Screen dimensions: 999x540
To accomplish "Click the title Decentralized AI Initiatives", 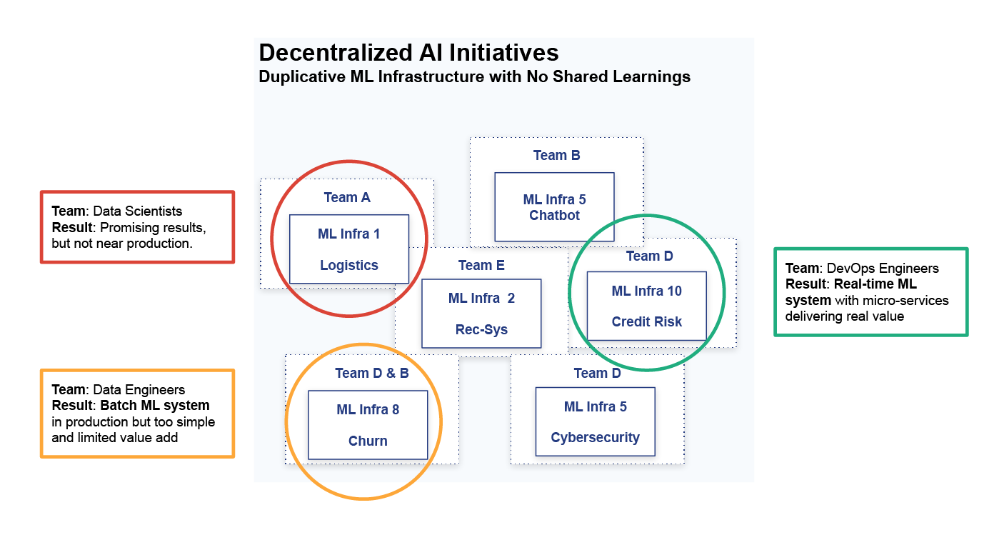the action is pos(408,53).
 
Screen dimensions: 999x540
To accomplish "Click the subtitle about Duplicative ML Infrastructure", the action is pos(475,76).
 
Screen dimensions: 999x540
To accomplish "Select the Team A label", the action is pos(347,197).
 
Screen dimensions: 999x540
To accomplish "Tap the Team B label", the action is pos(556,155).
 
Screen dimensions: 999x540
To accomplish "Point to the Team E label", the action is pos(481,265).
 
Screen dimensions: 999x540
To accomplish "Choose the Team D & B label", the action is pos(372,373).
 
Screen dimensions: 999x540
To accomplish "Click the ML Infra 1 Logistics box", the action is pos(349,249).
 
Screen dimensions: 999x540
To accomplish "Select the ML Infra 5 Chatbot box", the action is pos(554,207).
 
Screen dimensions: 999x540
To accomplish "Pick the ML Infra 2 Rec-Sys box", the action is pos(482,314).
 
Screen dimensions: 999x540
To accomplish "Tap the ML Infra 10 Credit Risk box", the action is pos(647,306).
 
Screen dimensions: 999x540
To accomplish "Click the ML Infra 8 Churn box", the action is pos(368,425).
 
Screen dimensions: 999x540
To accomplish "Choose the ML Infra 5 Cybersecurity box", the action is pos(596,421).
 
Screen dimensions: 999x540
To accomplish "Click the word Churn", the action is pos(368,441).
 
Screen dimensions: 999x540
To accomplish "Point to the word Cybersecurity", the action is pos(596,438).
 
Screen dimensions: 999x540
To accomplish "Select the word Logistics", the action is pos(349,265).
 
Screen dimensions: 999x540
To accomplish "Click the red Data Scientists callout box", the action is pos(137,227).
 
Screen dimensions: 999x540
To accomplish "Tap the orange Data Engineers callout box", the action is pos(137,414).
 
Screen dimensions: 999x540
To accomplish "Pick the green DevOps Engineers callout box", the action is pos(871,292).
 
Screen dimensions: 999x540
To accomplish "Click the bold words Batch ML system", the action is pos(155,405).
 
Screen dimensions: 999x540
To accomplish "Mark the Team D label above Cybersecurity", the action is pos(597,373).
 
